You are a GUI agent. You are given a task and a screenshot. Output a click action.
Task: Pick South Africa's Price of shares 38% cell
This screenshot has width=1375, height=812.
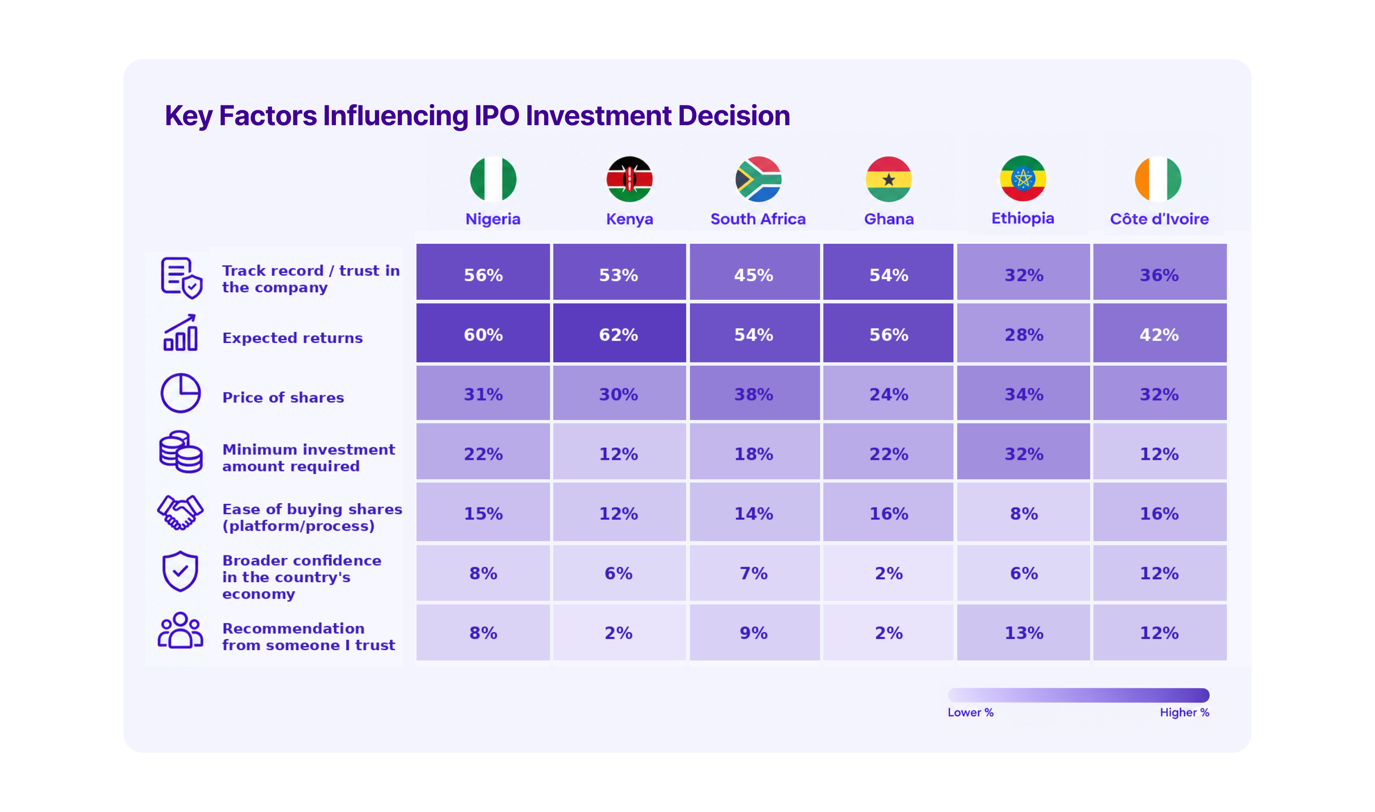point(754,393)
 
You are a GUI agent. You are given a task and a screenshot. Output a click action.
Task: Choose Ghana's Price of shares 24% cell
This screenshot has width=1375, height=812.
point(888,393)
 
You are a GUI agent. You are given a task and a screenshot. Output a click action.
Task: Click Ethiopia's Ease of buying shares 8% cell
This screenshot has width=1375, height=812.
point(1023,512)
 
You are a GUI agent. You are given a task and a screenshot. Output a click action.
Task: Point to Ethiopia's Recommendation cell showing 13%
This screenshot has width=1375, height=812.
point(1023,632)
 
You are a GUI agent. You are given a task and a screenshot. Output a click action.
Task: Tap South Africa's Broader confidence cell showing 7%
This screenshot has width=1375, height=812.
point(754,573)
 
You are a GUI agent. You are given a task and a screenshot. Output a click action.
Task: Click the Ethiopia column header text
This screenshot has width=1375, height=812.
point(1023,218)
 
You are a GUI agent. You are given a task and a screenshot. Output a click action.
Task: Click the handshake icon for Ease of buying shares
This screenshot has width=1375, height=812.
point(180,513)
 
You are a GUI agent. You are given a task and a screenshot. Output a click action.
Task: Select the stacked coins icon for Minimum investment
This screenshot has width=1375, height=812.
point(180,452)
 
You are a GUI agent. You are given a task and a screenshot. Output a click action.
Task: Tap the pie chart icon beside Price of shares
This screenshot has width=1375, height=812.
point(180,393)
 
